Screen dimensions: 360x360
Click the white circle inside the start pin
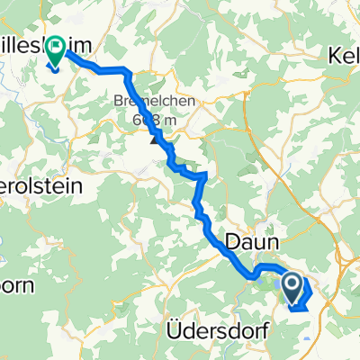[292, 285]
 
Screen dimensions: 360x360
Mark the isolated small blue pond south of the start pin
[308, 339]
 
